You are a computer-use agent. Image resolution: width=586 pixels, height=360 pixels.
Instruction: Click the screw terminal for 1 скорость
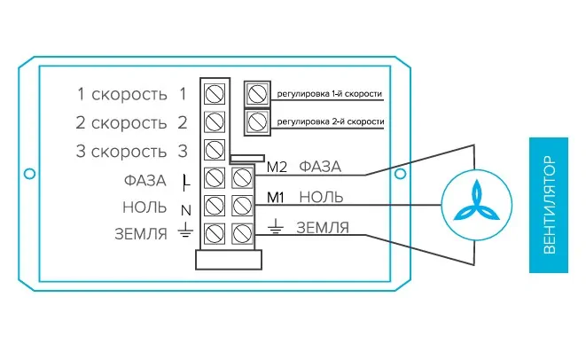pos(214,93)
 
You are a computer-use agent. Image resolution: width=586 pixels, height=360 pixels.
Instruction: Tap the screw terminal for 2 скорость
pos(214,121)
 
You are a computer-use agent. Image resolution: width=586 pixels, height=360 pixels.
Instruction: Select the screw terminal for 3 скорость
pos(214,150)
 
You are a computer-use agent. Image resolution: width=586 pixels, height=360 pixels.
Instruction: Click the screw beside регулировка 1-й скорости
pos(257,92)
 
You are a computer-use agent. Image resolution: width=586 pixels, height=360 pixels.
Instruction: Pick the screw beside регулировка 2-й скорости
pos(257,120)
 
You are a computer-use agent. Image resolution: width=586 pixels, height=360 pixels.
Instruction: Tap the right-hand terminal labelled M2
pos(241,178)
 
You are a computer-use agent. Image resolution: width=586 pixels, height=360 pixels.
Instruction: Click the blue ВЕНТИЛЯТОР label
pos(550,205)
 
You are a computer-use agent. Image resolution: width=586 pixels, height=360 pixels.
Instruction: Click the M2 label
pos(277,166)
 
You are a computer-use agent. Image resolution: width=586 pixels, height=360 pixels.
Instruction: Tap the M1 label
pos(276,196)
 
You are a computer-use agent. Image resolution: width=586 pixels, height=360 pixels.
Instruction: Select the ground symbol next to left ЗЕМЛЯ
pos(184,232)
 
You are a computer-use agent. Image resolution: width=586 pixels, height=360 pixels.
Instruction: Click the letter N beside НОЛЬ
pos(185,209)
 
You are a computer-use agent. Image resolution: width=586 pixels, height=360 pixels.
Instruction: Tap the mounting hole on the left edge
pos(29,173)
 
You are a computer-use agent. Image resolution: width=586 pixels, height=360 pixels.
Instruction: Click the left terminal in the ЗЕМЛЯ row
pos(214,234)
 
